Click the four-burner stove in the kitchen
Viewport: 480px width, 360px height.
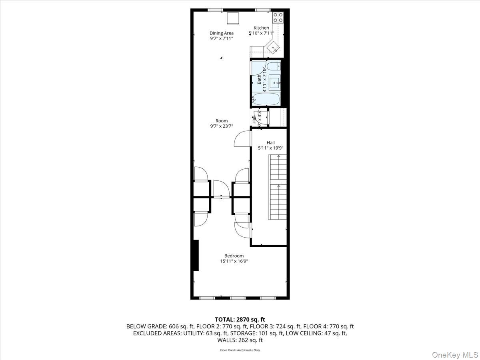click(278, 17)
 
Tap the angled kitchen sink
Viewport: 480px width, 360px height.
click(274, 48)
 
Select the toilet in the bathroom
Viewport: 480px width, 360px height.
click(274, 66)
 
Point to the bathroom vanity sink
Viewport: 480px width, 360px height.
click(274, 83)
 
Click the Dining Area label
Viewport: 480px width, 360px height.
click(222, 33)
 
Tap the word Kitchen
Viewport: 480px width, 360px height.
click(262, 28)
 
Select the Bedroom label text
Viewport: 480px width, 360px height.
click(234, 256)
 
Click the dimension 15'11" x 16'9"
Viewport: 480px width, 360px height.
click(234, 261)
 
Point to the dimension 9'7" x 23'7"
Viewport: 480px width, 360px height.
click(222, 126)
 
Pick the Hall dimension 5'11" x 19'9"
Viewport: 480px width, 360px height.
click(271, 148)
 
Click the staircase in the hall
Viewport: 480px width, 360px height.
click(278, 186)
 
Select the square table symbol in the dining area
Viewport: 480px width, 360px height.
click(233, 18)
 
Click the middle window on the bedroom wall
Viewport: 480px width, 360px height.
click(238, 298)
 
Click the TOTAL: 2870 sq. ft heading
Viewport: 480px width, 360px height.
click(240, 319)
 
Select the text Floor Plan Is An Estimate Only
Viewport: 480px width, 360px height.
click(240, 350)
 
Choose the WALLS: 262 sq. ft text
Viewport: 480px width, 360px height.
click(240, 340)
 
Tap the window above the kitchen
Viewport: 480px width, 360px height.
click(262, 10)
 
